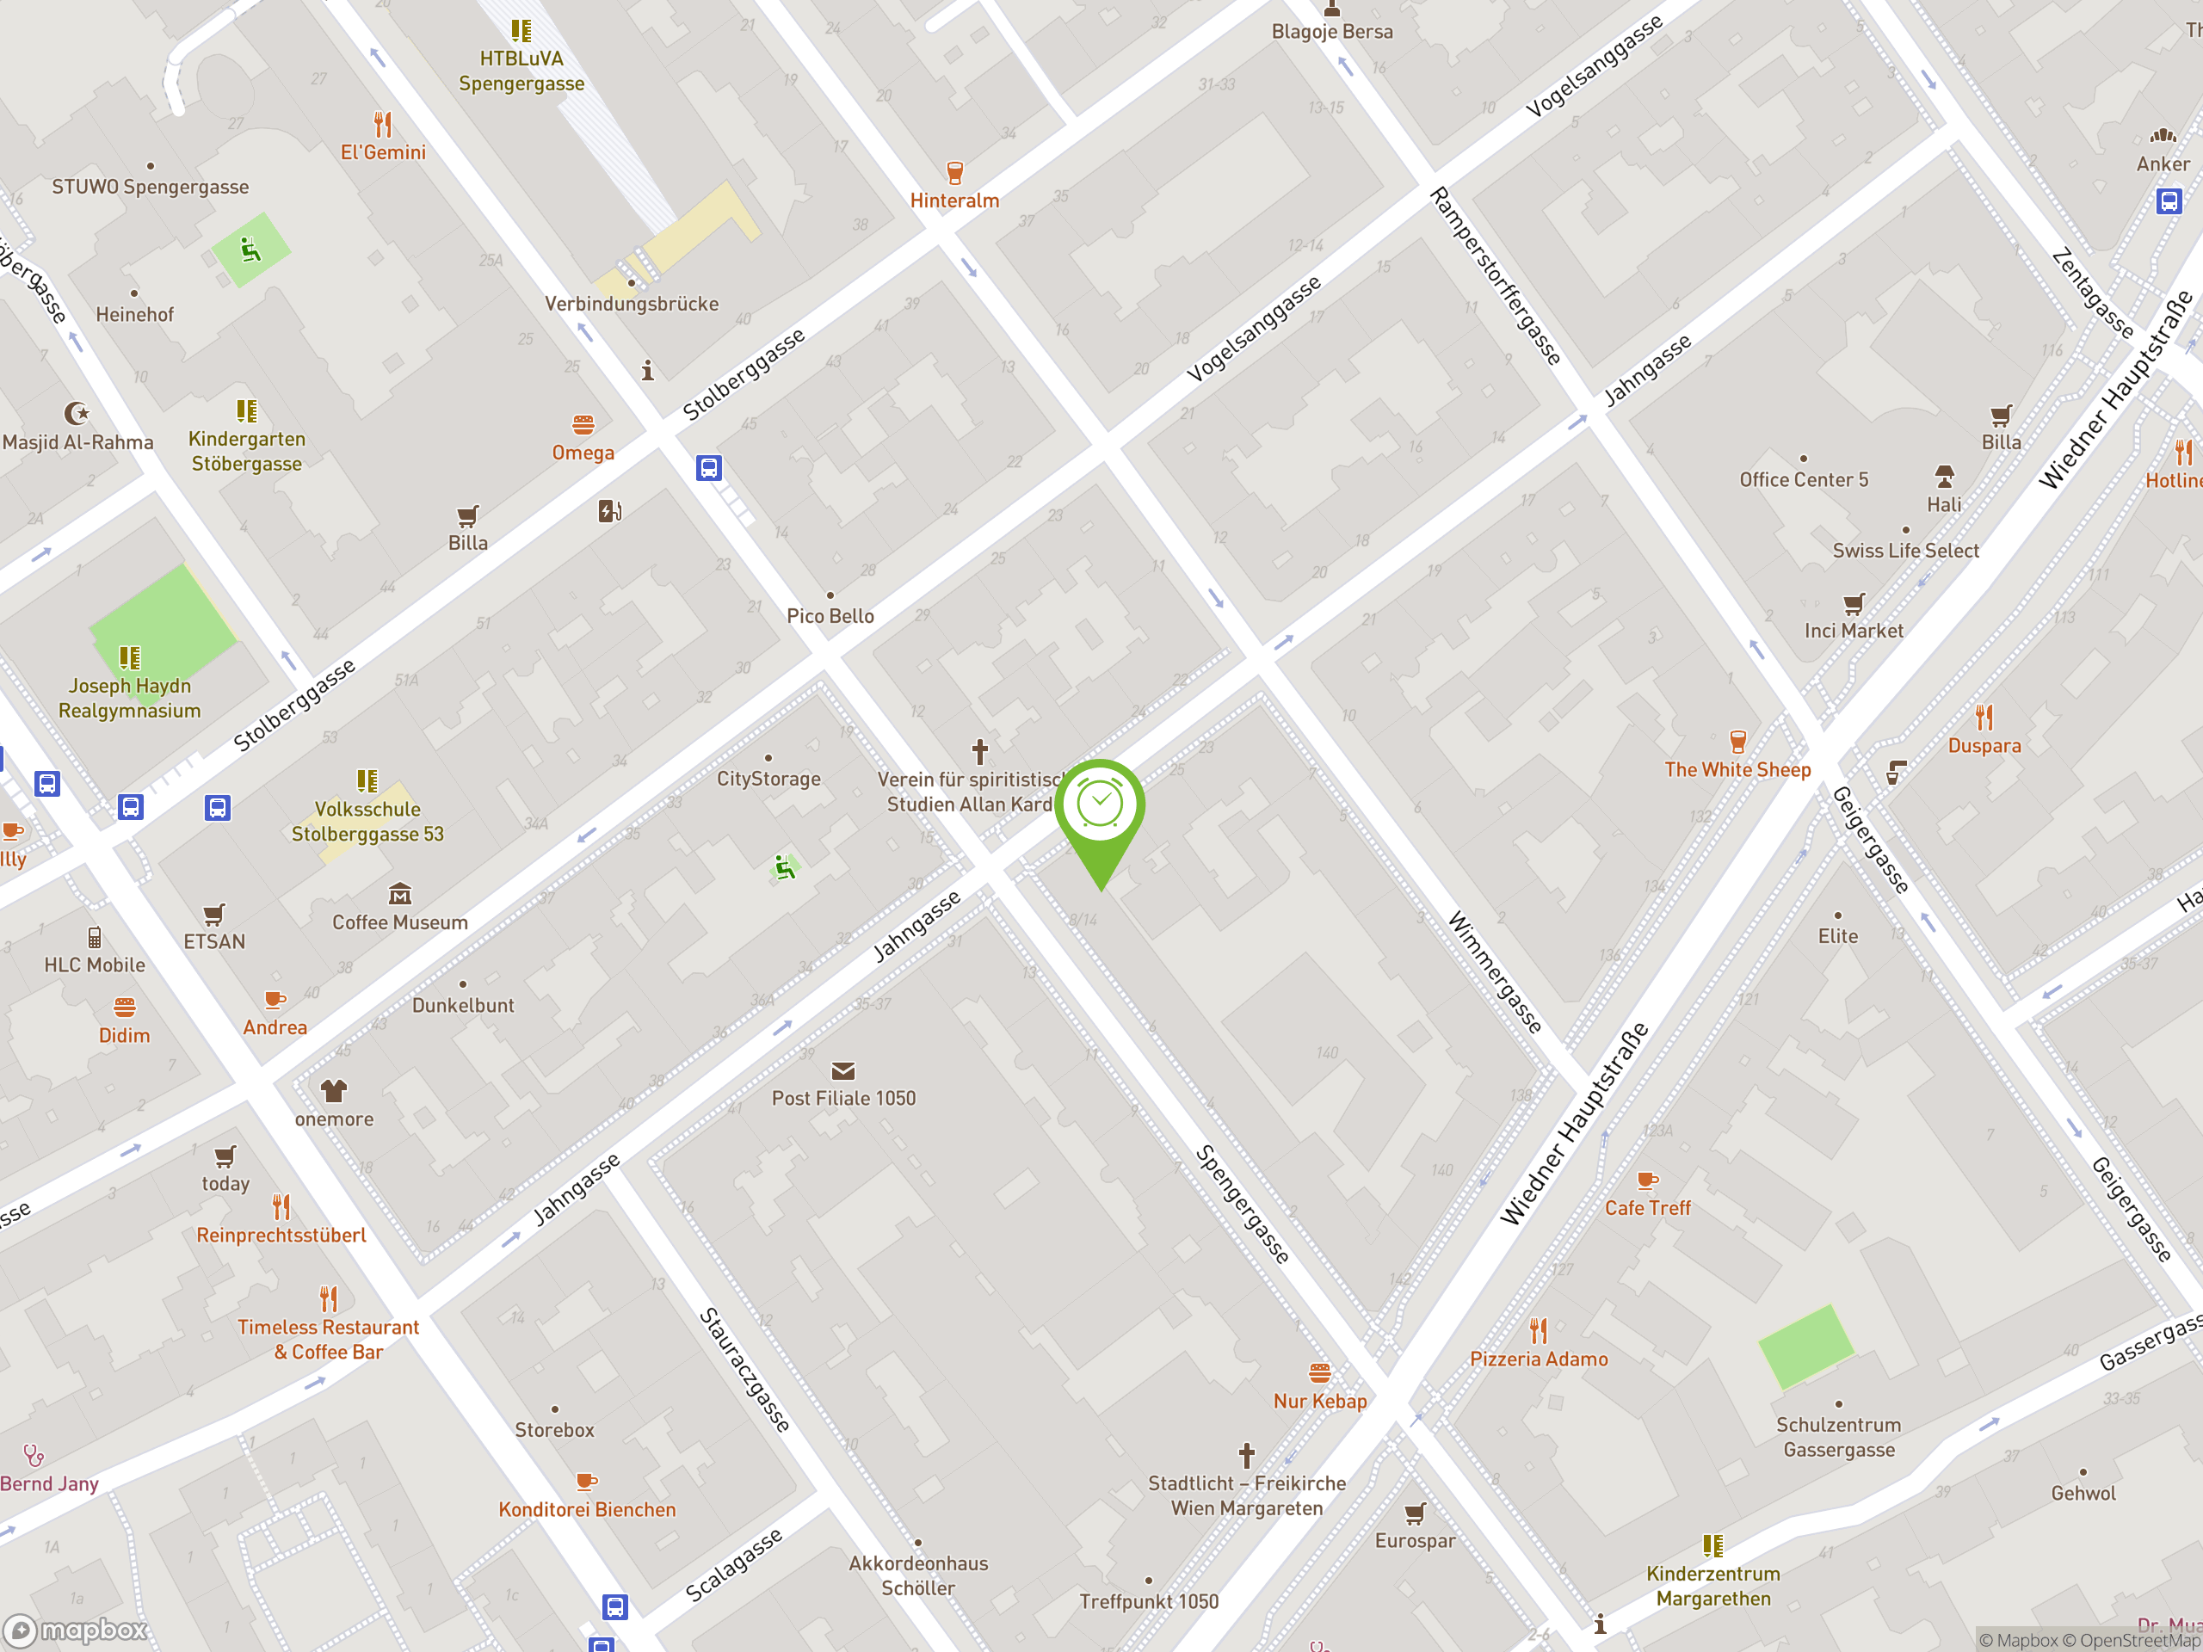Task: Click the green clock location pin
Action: point(1100,806)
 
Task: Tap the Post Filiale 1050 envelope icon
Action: point(842,1070)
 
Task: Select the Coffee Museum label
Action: point(399,922)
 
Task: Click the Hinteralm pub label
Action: point(954,200)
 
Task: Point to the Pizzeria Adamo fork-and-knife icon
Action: point(1539,1330)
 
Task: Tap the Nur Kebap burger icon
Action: point(1319,1373)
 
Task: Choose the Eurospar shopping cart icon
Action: point(1416,1513)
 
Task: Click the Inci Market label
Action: point(1854,631)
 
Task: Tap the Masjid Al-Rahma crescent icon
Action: point(77,412)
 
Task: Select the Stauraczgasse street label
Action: point(744,1369)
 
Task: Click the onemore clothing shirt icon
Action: point(334,1090)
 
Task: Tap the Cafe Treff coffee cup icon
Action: point(1647,1180)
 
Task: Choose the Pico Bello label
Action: point(830,615)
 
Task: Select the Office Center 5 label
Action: point(1803,480)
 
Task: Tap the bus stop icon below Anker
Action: point(2168,201)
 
